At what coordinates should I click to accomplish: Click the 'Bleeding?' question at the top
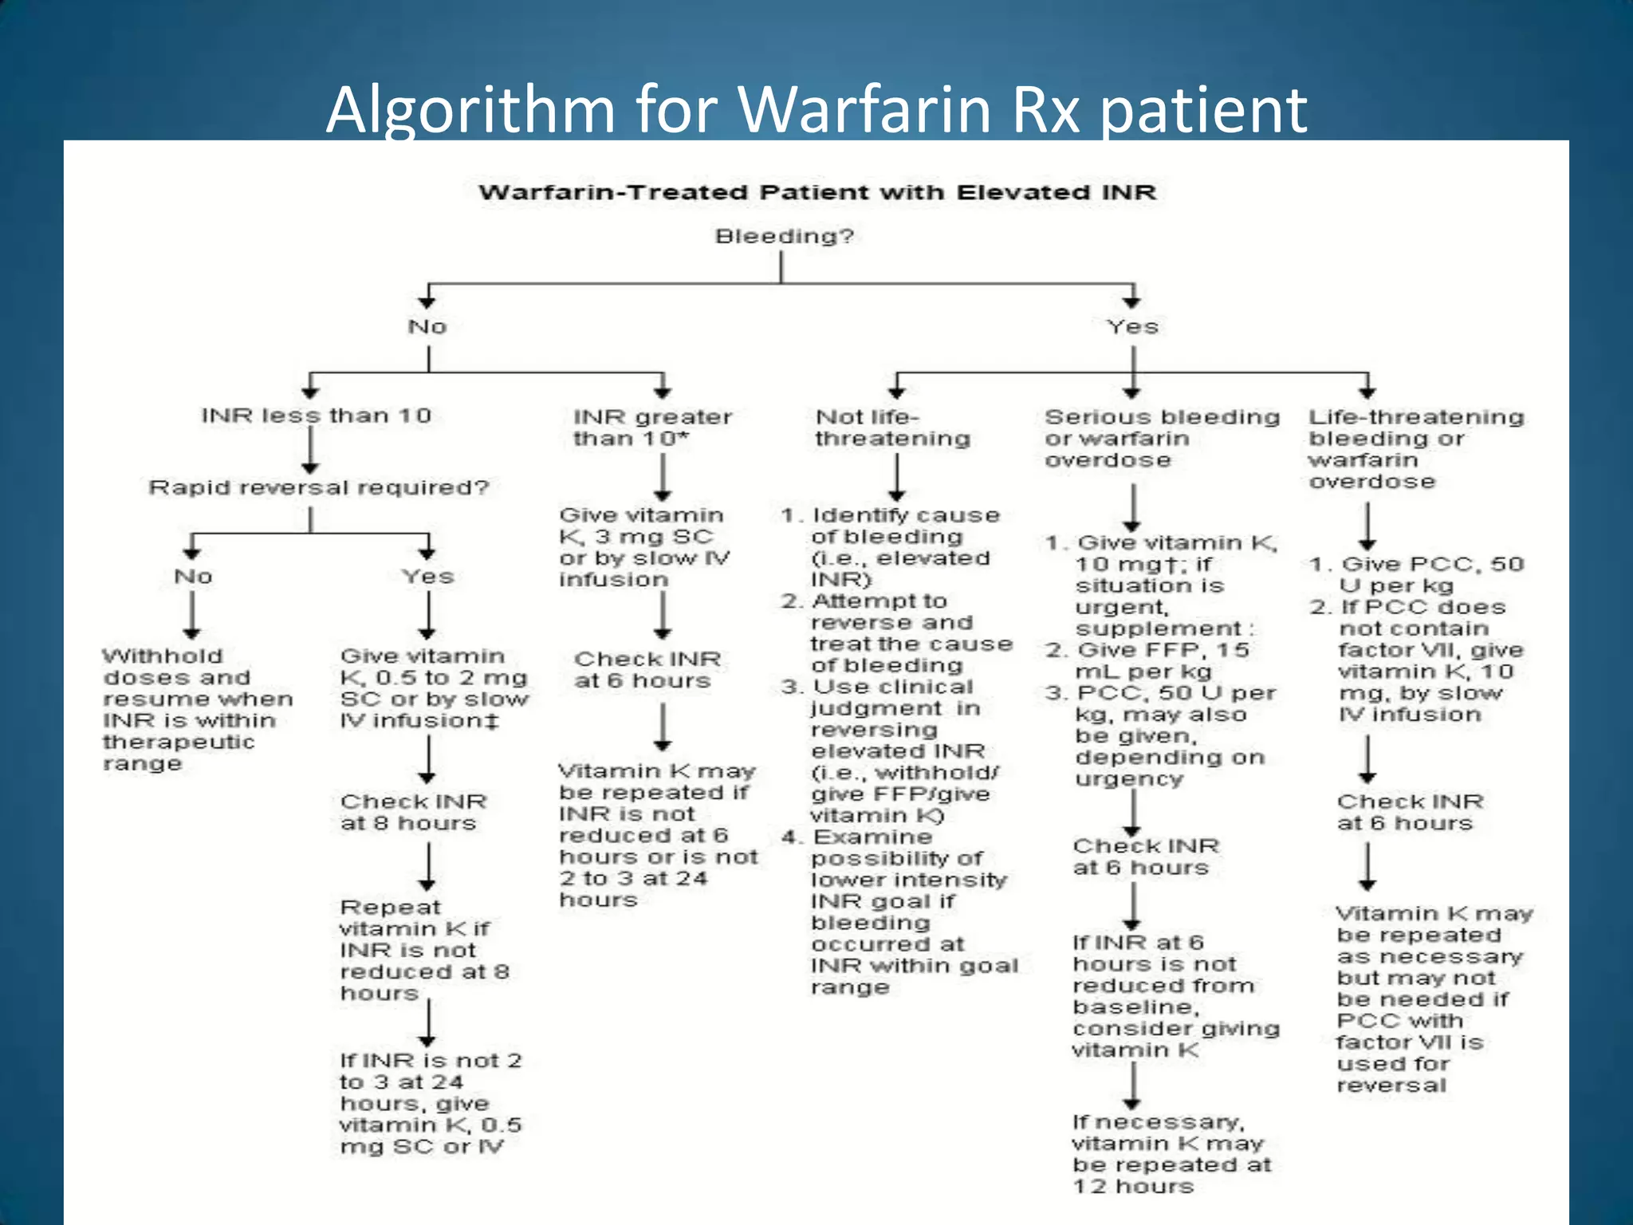point(784,236)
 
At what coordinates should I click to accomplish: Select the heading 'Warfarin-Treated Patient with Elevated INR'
point(816,192)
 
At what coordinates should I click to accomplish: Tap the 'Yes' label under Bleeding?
point(1131,326)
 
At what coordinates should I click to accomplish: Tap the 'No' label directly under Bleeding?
point(427,326)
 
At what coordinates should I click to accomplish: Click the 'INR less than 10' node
point(316,416)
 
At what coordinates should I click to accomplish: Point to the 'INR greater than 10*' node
point(651,427)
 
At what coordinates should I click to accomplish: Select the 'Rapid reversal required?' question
point(318,487)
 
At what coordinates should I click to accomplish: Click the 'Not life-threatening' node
point(892,427)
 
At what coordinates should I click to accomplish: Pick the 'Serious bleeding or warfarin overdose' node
point(1161,438)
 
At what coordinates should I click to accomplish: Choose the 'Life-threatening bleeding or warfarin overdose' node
point(1415,448)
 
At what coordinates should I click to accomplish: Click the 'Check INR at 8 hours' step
point(413,812)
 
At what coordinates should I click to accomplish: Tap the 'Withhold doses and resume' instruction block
point(197,709)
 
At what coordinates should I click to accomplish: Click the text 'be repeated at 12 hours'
point(1171,1176)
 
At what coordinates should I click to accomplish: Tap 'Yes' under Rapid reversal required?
point(427,576)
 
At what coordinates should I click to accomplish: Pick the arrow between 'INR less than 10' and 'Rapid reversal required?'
point(310,452)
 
